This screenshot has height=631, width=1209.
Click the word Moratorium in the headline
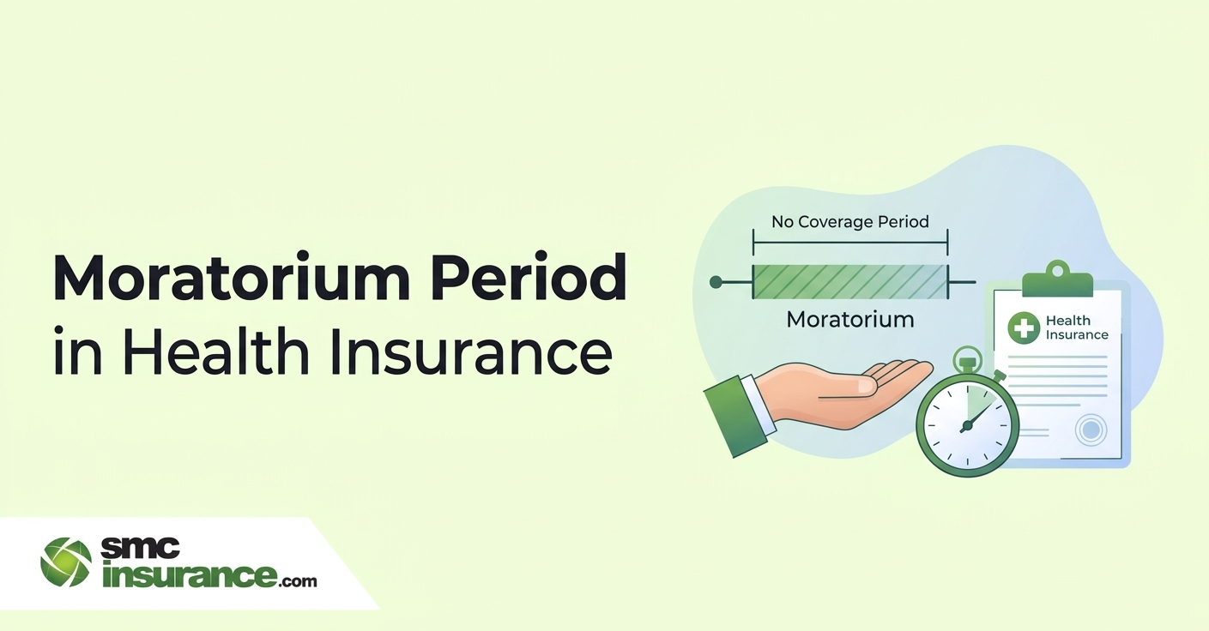[x=232, y=276]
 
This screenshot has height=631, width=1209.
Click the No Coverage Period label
[x=850, y=222]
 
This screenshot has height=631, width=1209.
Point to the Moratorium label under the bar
[x=850, y=319]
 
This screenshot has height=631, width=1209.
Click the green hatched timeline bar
[x=850, y=281]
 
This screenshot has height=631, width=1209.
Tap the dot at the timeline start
[x=716, y=281]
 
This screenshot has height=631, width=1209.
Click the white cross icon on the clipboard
[x=1024, y=328]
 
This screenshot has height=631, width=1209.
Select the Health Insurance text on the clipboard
[x=1077, y=328]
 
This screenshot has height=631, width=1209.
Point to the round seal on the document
[x=1091, y=430]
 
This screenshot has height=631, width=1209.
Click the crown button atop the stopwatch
[x=968, y=360]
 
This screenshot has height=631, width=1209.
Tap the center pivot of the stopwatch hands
[x=967, y=427]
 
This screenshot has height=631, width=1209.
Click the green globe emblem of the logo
[x=66, y=562]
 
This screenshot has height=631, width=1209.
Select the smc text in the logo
[x=141, y=548]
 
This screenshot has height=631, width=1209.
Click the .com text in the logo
[x=298, y=581]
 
